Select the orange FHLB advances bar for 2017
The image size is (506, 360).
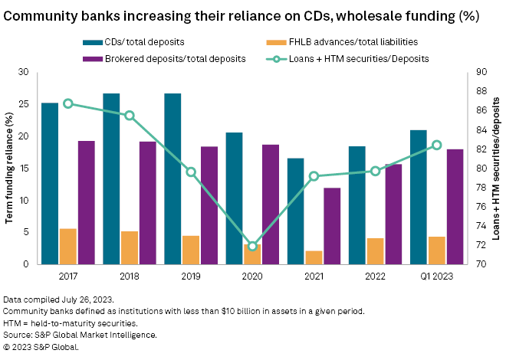[67, 246]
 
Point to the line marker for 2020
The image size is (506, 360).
[252, 246]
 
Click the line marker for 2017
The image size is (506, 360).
[68, 103]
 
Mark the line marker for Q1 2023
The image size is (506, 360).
[437, 145]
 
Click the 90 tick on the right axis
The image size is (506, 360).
[481, 72]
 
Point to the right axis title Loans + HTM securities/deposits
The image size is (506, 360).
[496, 168]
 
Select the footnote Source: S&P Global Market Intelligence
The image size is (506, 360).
[80, 335]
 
